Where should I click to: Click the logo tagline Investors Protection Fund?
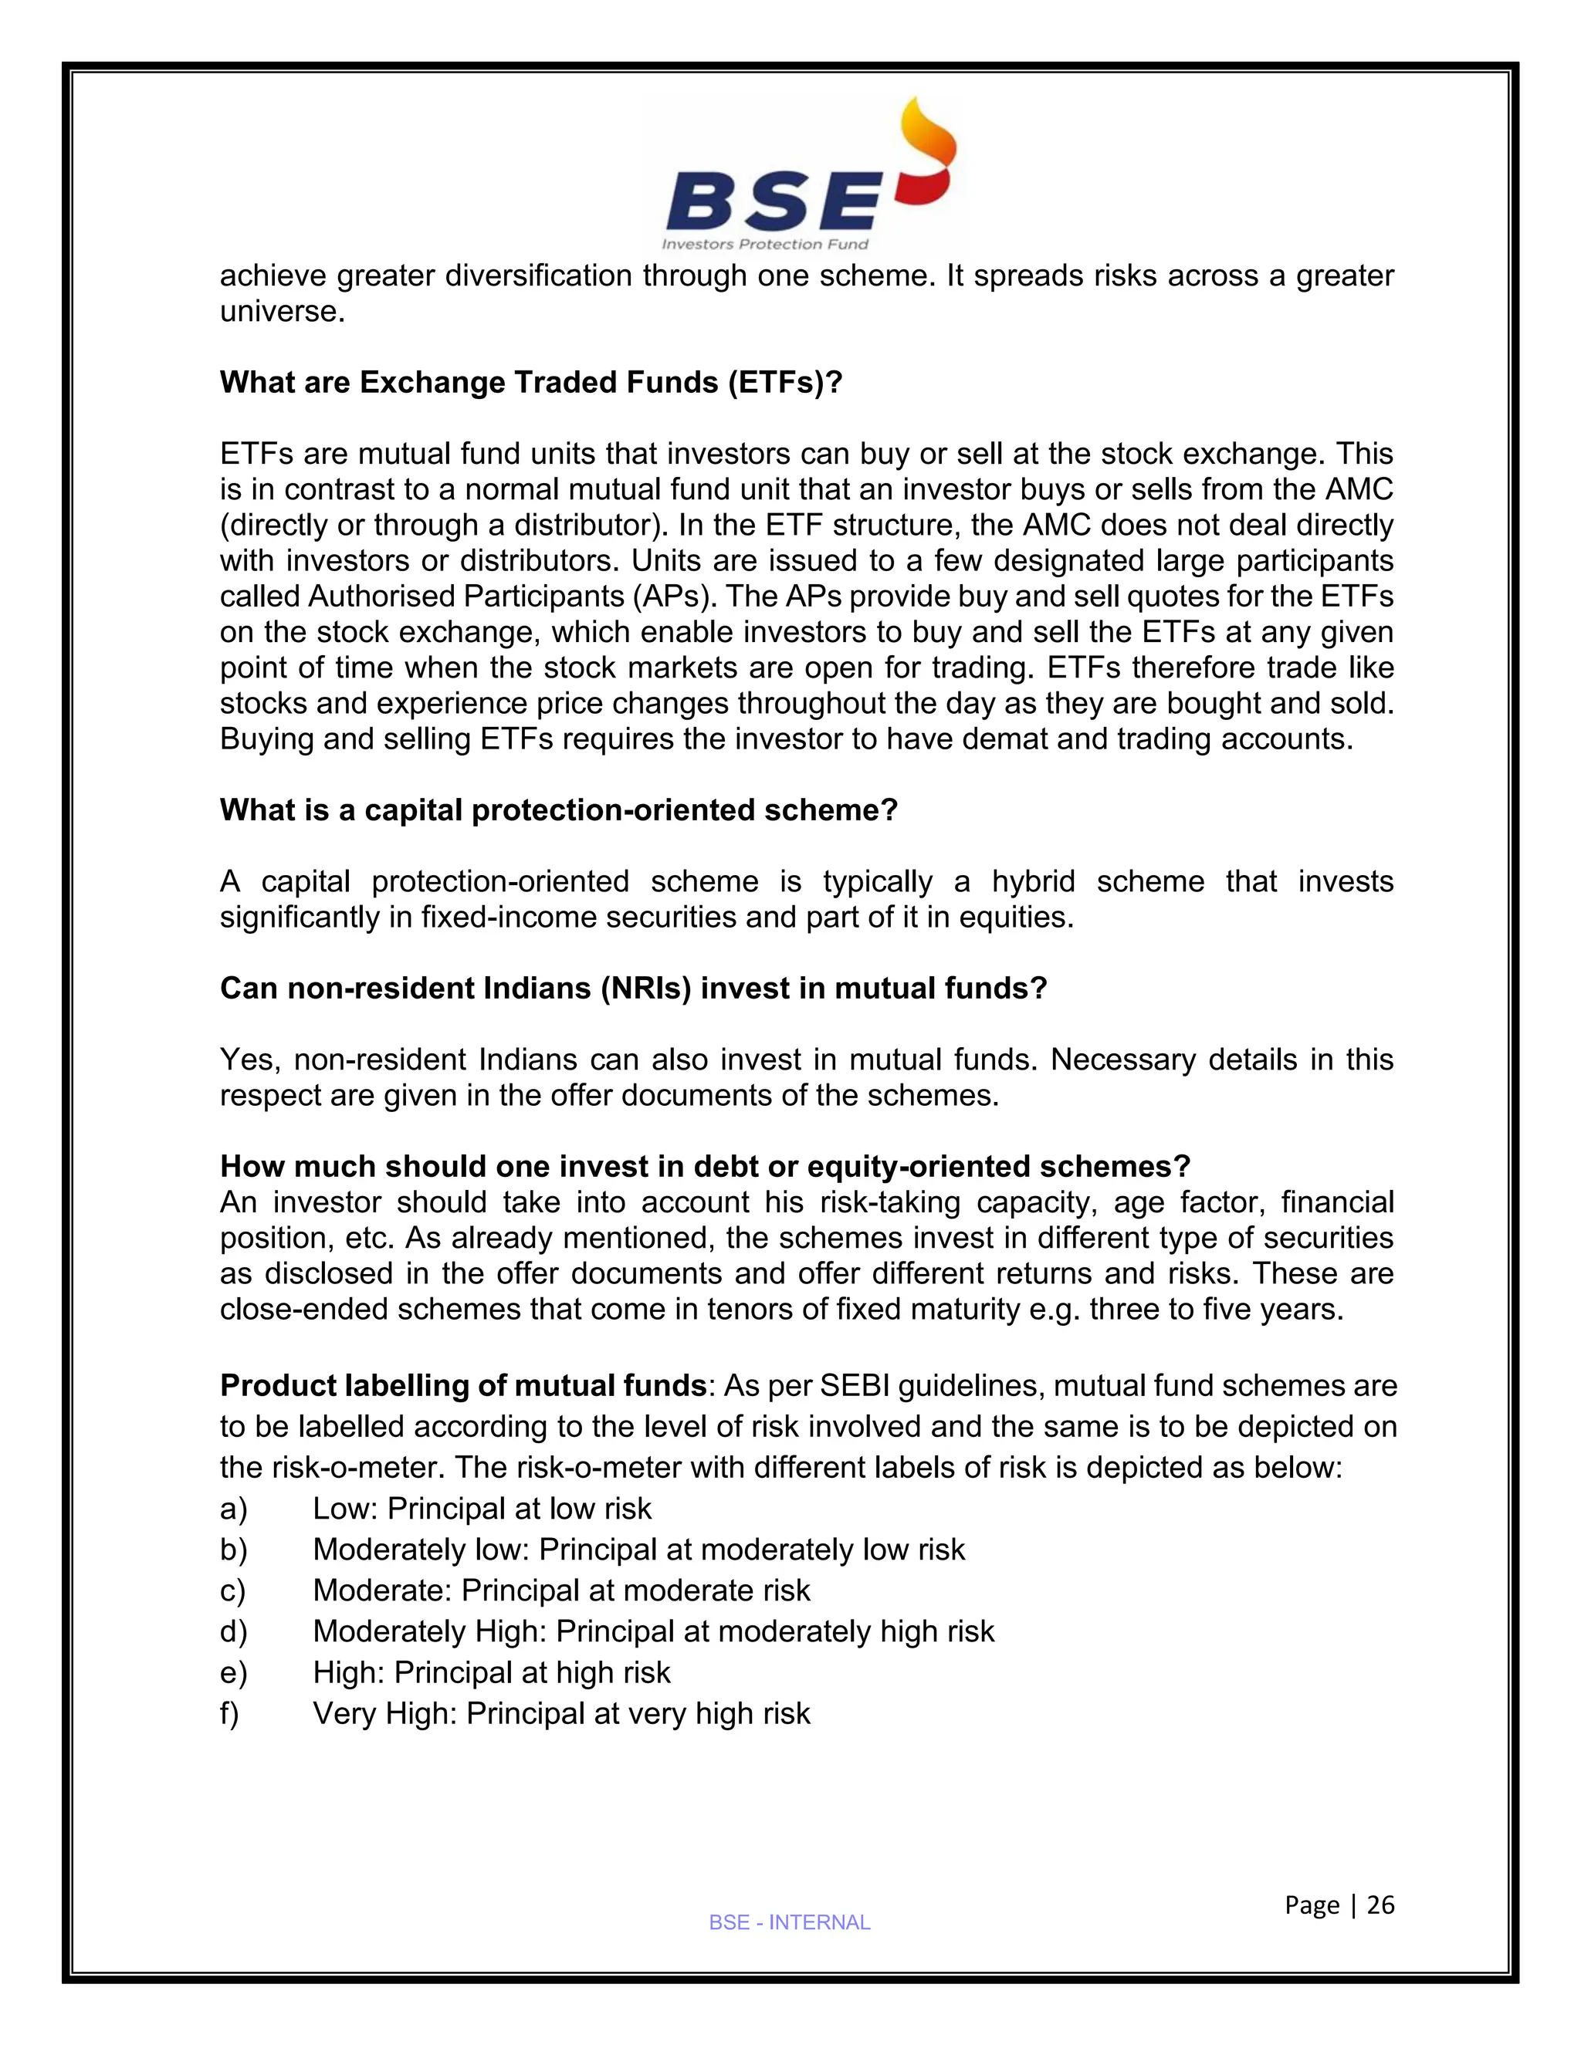click(x=765, y=245)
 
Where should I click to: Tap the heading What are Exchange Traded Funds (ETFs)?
click(x=531, y=383)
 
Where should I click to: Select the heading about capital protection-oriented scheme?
click(x=558, y=810)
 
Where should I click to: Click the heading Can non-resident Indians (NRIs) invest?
click(x=633, y=988)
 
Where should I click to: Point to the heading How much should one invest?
click(x=704, y=1167)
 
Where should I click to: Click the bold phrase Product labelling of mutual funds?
click(x=462, y=1385)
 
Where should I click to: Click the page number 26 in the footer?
click(x=1380, y=1905)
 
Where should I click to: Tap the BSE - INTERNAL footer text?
click(x=790, y=1922)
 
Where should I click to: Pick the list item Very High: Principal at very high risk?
click(x=561, y=1713)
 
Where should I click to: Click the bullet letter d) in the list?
click(x=233, y=1631)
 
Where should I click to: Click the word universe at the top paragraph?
click(x=279, y=312)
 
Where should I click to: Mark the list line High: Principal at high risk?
click(x=491, y=1672)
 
